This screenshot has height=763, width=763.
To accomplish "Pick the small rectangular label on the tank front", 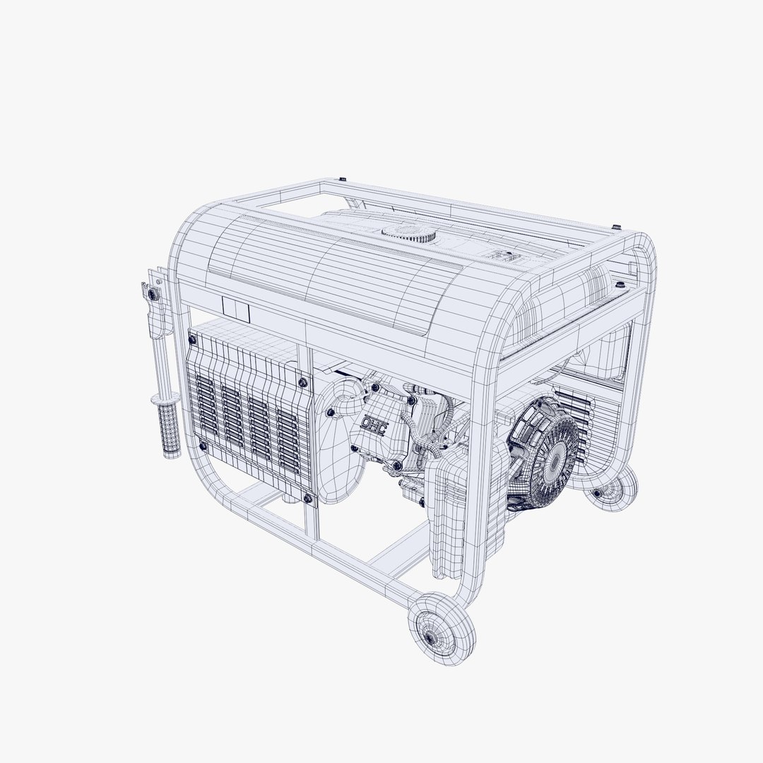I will click(236, 308).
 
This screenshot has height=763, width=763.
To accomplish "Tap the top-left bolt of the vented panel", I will click(191, 341).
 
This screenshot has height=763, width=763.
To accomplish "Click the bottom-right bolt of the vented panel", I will click(308, 499).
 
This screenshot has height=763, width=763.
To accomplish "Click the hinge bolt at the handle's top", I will click(150, 291).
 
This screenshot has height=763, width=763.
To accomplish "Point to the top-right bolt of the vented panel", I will click(303, 382).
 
